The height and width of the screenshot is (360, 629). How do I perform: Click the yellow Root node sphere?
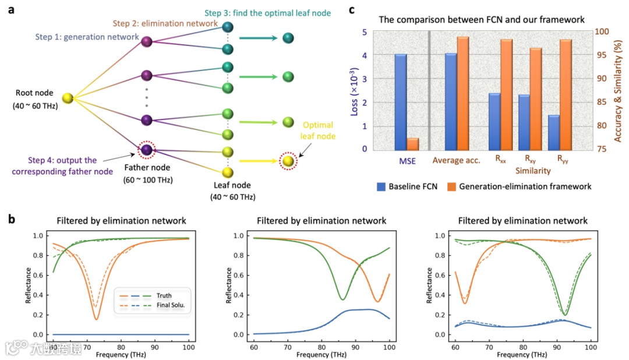[68, 99]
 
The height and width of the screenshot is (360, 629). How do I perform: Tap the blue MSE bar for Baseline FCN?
[401, 102]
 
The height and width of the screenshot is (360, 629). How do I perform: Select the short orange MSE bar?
[412, 144]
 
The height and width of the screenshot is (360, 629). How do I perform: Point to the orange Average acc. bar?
[463, 93]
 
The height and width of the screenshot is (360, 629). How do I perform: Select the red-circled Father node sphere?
[146, 150]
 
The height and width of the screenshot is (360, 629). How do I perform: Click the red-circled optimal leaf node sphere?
[287, 161]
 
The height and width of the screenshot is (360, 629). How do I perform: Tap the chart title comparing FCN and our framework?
[482, 19]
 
